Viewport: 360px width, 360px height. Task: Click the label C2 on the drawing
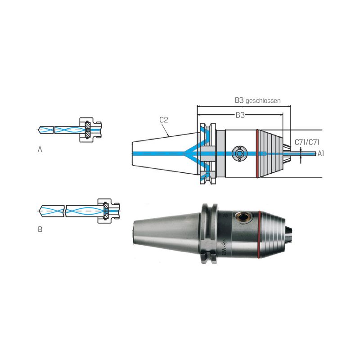tap(164, 120)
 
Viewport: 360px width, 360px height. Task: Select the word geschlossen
tap(263, 101)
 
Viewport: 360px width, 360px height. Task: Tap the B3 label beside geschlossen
tap(239, 100)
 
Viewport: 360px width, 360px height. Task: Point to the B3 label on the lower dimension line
tap(240, 115)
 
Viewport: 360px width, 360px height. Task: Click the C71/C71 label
tap(307, 142)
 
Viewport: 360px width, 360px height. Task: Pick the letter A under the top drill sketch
tap(40, 149)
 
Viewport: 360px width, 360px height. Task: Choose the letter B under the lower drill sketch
tap(40, 229)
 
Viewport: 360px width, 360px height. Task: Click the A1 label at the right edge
tap(320, 153)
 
